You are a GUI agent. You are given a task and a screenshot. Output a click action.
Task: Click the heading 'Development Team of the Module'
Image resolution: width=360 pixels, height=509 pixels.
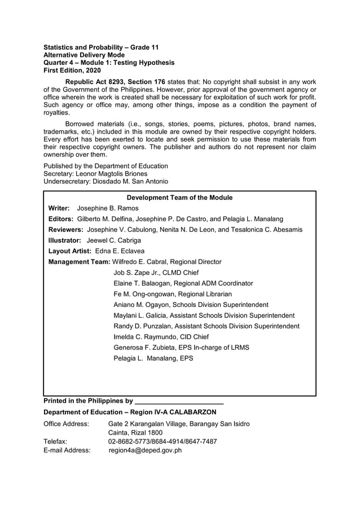179,198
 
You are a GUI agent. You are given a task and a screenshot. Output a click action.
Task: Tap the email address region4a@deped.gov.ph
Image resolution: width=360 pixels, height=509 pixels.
145,450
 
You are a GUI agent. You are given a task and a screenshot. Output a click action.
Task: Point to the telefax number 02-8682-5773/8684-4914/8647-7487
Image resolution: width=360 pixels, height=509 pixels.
162,441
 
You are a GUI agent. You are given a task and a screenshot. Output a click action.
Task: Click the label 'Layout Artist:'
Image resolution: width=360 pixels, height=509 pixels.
69,251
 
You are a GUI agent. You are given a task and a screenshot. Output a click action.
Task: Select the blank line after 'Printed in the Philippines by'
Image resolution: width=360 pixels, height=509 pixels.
179,401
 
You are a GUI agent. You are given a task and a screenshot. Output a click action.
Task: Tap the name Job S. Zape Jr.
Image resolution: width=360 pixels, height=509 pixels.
135,273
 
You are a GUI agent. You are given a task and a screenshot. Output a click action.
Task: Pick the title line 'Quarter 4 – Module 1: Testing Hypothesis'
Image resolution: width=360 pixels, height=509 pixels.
109,63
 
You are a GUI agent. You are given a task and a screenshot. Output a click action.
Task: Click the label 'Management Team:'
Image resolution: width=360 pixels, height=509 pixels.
79,262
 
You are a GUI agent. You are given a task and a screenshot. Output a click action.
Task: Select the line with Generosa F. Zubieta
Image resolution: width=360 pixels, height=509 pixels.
181,348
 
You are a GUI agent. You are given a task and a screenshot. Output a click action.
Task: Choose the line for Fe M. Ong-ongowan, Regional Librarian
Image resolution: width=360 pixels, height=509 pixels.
173,294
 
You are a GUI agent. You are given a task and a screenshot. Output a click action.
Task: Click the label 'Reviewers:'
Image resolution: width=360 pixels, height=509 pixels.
66,230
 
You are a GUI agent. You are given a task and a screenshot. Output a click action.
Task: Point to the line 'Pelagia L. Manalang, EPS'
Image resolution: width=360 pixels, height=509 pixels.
153,358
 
